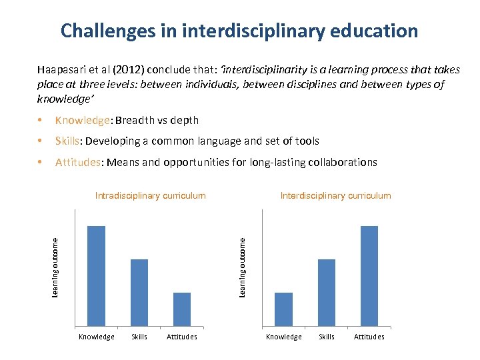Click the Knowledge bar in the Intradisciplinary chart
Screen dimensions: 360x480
coord(97,275)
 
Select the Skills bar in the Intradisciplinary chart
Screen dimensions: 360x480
coord(139,292)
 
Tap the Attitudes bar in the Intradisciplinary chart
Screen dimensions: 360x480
coord(182,309)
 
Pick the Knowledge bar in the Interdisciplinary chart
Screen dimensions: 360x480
coord(284,309)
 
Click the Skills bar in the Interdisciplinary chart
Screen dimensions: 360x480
coord(327,292)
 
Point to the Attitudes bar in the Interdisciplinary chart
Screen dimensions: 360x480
coord(369,275)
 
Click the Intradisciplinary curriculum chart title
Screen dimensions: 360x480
coord(151,196)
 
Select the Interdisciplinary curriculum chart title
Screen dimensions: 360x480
coord(336,196)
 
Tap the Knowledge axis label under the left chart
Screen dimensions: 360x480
coord(97,337)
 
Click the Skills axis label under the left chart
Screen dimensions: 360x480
coord(139,337)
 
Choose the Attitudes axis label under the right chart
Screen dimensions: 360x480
coord(369,337)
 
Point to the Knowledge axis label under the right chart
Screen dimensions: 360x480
coord(284,337)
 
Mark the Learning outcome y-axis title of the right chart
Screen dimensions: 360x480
coord(243,267)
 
